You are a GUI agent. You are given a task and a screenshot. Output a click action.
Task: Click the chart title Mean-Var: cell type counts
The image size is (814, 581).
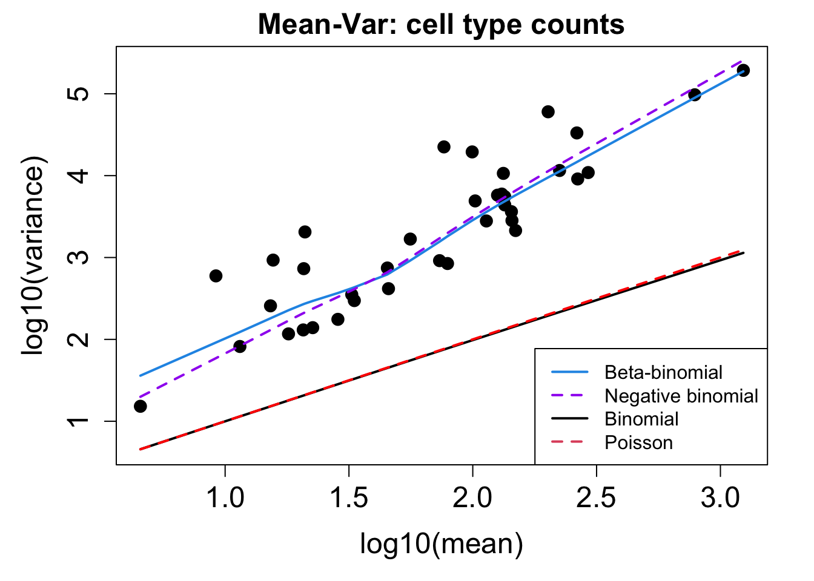pyautogui.click(x=441, y=25)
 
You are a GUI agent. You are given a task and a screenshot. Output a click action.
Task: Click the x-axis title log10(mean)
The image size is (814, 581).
pyautogui.click(x=441, y=543)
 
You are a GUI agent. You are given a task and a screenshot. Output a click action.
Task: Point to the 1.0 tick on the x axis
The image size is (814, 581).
pyautogui.click(x=225, y=498)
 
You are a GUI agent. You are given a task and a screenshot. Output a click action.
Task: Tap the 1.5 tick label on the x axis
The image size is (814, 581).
pyautogui.click(x=349, y=498)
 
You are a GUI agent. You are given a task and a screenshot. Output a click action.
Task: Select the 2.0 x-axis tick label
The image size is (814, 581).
pyautogui.click(x=472, y=498)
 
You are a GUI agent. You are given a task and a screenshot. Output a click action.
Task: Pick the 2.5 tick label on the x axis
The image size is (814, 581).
pyautogui.click(x=597, y=498)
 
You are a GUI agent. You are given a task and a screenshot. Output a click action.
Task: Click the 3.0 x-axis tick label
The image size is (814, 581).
pyautogui.click(x=720, y=498)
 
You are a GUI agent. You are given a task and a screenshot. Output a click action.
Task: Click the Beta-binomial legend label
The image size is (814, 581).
pyautogui.click(x=663, y=372)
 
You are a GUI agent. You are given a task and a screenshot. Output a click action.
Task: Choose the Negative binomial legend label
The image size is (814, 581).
pyautogui.click(x=681, y=396)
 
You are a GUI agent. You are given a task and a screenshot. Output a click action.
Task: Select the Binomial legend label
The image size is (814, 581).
pyautogui.click(x=641, y=419)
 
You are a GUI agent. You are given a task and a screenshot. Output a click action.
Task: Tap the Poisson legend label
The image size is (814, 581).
pyautogui.click(x=638, y=442)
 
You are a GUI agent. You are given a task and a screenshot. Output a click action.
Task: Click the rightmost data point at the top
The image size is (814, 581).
pyautogui.click(x=743, y=70)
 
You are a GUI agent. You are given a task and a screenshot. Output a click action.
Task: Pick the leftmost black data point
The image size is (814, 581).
pyautogui.click(x=140, y=406)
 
